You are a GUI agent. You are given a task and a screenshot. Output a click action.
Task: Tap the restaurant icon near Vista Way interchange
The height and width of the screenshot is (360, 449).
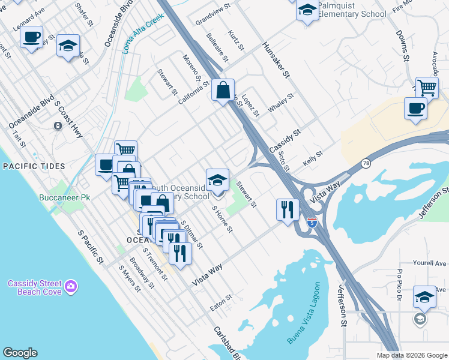[288, 210]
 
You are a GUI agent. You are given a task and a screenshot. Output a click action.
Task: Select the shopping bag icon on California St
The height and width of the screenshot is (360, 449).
[223, 91]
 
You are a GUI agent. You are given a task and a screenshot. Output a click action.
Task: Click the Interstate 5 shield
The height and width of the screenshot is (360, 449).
[312, 223]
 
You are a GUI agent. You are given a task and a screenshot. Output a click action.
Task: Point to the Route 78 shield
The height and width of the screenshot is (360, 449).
[366, 163]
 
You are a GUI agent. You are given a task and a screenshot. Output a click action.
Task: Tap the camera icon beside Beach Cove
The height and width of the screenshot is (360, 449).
[71, 287]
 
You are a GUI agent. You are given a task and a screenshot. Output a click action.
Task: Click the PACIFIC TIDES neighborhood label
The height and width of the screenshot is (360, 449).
[29, 166]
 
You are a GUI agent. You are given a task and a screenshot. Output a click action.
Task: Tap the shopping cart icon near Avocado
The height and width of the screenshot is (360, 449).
[427, 88]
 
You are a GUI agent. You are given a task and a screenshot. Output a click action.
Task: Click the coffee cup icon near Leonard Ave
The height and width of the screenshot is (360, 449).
[31, 37]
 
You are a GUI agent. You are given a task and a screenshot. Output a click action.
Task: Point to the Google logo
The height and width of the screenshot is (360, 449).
[20, 353]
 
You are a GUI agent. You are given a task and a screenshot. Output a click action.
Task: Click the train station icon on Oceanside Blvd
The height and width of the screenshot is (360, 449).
[57, 126]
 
